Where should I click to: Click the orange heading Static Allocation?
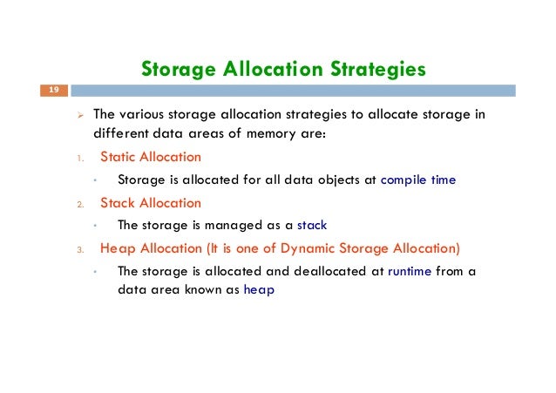(150, 158)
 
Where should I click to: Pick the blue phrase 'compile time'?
(417, 180)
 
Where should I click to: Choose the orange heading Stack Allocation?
(150, 203)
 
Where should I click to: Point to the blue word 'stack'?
(312, 226)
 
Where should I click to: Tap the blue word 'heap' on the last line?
(259, 291)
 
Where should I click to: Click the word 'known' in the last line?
(207, 291)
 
